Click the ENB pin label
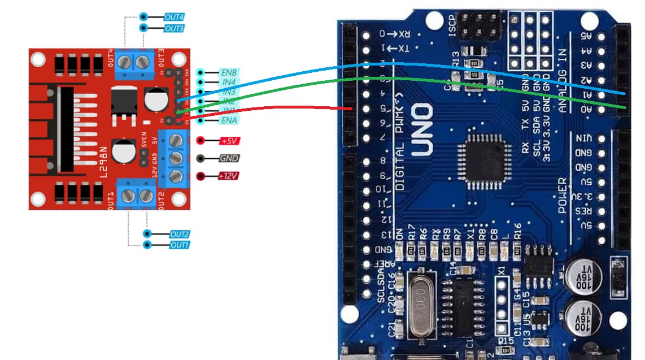(228, 73)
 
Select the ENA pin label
(228, 120)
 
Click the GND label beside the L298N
(228, 159)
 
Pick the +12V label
(229, 176)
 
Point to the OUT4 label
(174, 18)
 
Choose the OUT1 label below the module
(179, 245)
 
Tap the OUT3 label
(174, 28)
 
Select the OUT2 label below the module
(179, 234)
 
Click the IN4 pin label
(228, 83)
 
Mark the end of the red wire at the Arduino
(352, 109)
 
